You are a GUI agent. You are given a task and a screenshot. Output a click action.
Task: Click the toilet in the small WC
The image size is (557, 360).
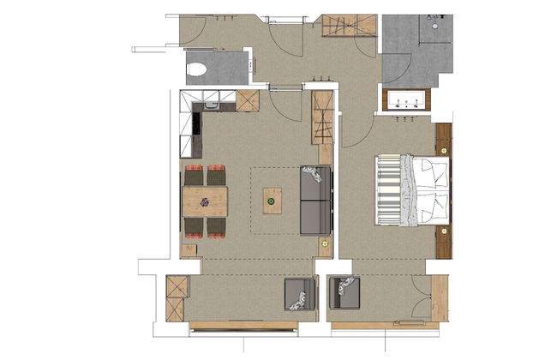click(199, 69)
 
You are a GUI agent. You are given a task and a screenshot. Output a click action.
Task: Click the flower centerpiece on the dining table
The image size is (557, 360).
click(205, 202)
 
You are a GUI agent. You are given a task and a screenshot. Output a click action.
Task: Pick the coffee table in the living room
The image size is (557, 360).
click(272, 201)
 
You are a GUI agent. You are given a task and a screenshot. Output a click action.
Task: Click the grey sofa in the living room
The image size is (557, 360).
click(315, 201)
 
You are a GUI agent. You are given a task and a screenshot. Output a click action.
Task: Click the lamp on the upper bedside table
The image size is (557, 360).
click(444, 150)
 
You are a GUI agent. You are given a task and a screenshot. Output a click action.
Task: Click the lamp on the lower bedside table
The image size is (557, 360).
click(444, 231)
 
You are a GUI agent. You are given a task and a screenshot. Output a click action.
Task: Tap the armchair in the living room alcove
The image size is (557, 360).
click(299, 296)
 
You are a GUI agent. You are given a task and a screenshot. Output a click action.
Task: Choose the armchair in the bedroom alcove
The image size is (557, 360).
click(344, 293)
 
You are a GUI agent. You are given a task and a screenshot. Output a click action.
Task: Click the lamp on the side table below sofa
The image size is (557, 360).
click(325, 244)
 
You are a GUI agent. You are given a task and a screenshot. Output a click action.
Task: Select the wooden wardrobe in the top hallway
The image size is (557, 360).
click(348, 26)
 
